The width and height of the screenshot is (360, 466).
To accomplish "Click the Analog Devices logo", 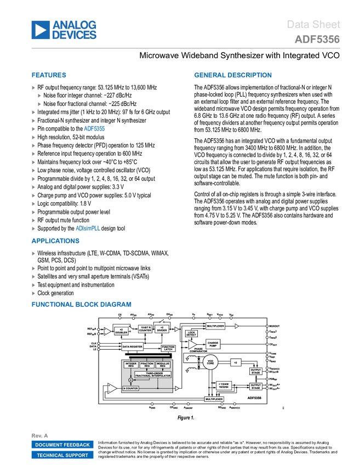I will tap(64, 30).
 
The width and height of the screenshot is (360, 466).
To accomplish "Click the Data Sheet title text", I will tap(313, 25).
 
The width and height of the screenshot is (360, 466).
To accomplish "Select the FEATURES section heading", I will tap(49, 76).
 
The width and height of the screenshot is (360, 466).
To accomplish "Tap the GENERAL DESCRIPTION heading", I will tap(232, 76).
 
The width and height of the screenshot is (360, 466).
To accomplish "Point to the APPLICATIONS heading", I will tap(55, 241).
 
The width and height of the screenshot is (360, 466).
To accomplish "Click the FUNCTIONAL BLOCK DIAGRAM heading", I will tap(81, 304).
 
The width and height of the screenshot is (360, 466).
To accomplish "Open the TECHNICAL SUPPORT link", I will tap(62, 455).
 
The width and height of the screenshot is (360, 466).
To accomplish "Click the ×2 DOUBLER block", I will tap(121, 331).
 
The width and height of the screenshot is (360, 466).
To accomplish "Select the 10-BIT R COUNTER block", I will tap(145, 329).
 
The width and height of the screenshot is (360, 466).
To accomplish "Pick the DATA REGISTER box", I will tap(132, 347).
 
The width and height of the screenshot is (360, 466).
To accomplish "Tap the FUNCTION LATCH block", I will tap(168, 348).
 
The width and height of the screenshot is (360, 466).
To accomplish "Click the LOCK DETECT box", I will tap(191, 333).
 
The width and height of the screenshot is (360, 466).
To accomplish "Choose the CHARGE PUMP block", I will tap(213, 344).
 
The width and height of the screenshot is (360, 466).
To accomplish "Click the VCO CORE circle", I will tap(210, 362).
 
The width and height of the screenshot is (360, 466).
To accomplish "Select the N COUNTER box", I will tap(130, 388).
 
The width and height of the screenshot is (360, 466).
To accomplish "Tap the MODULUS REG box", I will tap(163, 365).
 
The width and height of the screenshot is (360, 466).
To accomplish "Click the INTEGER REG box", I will tap(131, 365).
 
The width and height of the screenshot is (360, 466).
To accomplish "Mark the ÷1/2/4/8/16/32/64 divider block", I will tap(224, 385).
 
